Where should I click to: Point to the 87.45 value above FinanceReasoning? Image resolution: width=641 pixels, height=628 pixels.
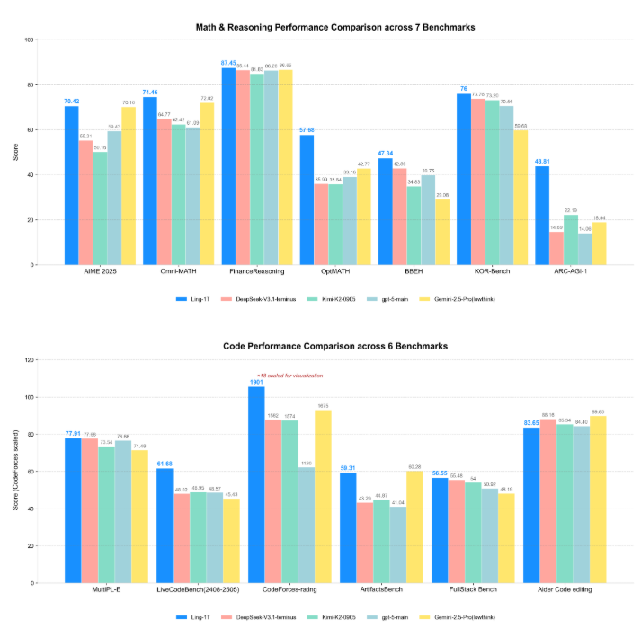coord(228,63)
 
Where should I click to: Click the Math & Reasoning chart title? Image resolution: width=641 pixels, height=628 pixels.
coord(335,28)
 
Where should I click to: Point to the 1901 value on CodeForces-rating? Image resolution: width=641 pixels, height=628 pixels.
coord(255,381)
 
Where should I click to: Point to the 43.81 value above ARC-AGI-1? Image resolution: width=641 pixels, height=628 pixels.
coord(542,161)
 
